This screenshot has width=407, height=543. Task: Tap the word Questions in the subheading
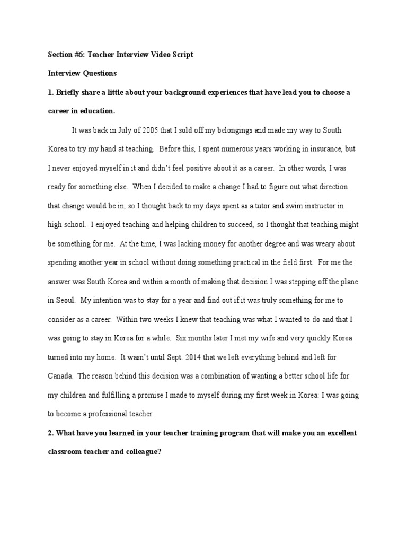point(99,73)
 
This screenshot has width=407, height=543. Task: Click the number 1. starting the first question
point(51,92)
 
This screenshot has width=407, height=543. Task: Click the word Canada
point(60,376)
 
